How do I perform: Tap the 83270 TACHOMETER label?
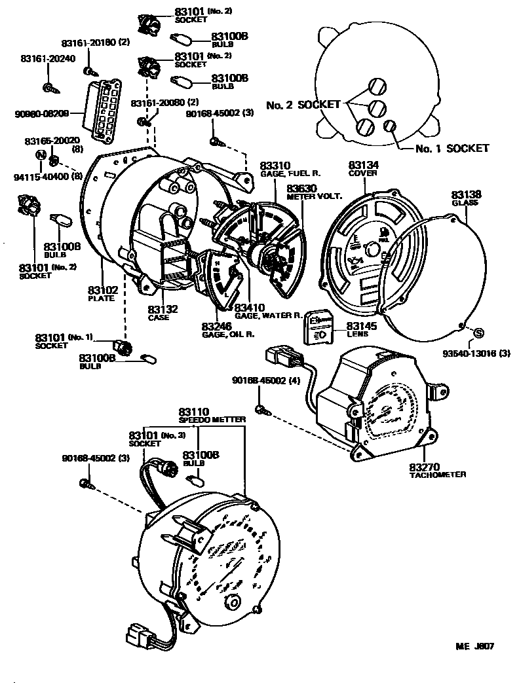coord(437,469)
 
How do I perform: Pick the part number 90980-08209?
coord(40,113)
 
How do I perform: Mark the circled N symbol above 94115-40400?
coord(41,156)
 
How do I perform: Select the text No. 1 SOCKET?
coord(452,149)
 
